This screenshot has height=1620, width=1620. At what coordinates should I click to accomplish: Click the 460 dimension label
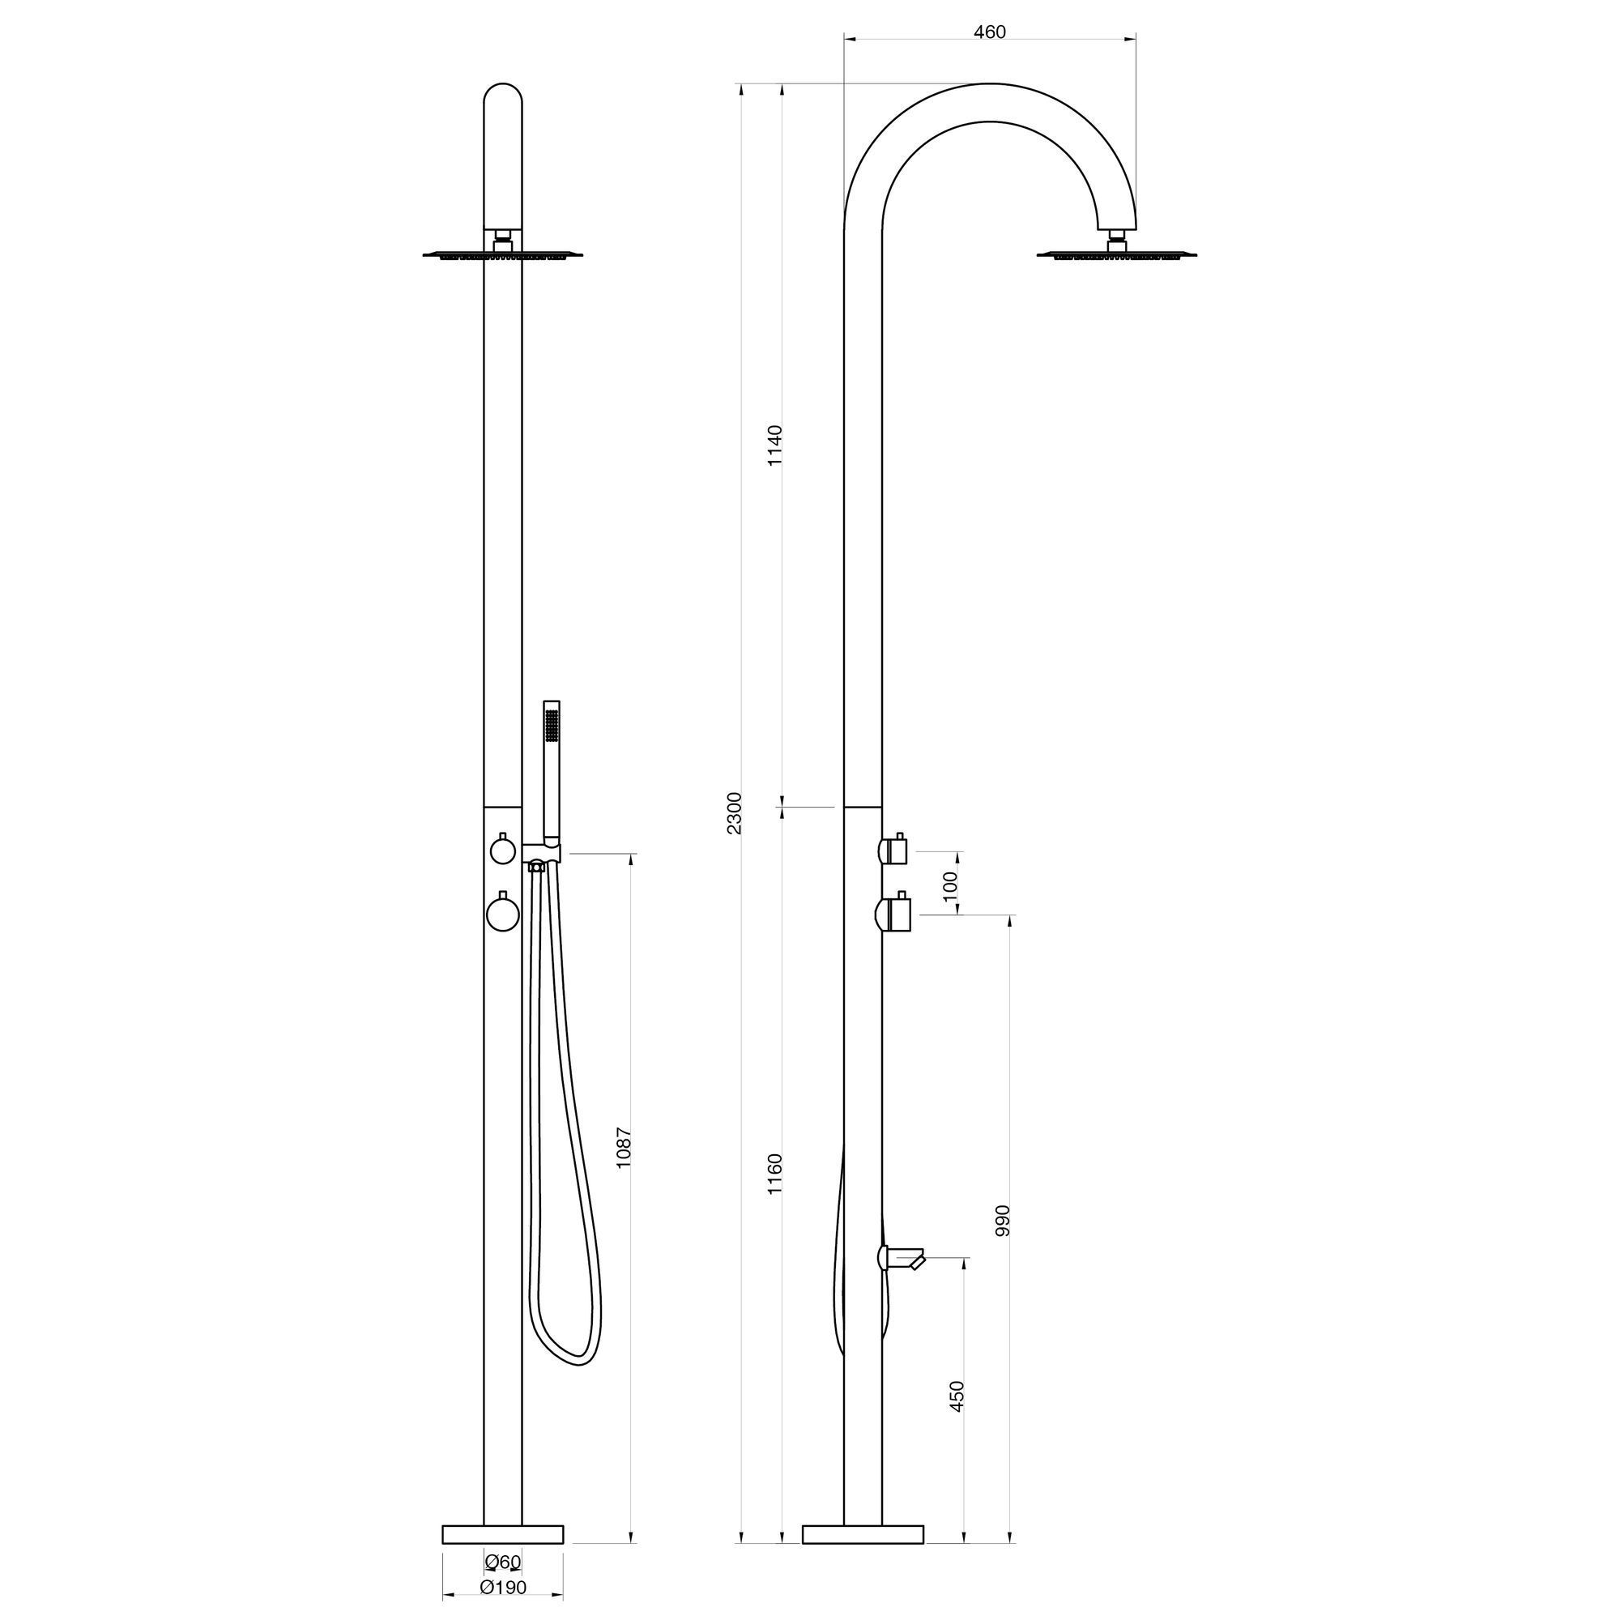[x=990, y=32]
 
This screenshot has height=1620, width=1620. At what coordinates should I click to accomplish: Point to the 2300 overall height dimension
[x=735, y=812]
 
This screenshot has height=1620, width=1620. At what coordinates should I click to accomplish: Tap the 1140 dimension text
[x=775, y=446]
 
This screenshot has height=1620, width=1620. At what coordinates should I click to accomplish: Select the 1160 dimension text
[x=775, y=1174]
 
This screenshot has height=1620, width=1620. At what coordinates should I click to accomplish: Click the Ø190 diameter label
[x=503, y=1588]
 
